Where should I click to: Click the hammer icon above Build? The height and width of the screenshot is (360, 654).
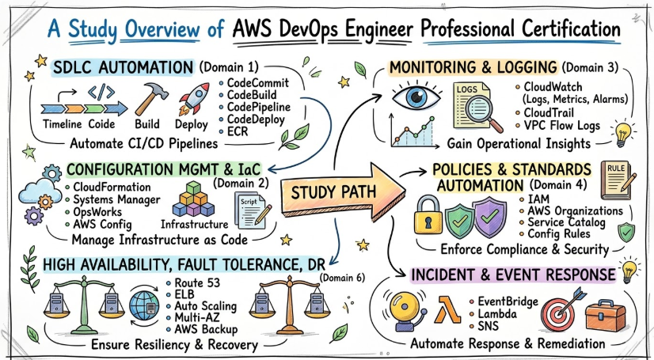click(147, 99)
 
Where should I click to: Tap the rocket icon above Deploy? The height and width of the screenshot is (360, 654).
click(192, 99)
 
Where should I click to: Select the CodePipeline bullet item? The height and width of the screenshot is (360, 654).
click(258, 107)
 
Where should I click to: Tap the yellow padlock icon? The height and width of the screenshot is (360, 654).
click(432, 217)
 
